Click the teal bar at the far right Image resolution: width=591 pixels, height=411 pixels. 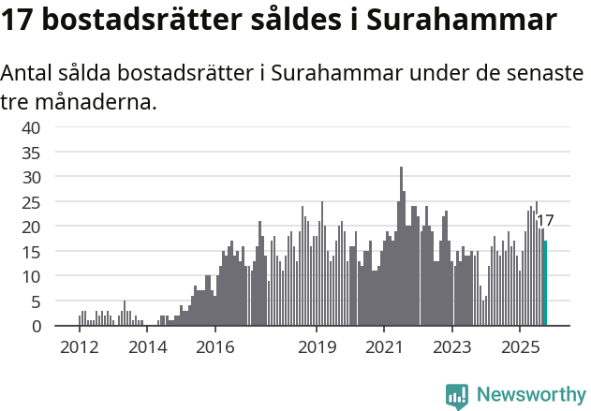[545, 284]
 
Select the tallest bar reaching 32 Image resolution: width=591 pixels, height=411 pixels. [401, 247]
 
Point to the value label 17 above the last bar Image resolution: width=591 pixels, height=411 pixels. [544, 222]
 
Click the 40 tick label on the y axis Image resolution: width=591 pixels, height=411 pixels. [31, 127]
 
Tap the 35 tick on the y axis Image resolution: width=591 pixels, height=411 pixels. [31, 153]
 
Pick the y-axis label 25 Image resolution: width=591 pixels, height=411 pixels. [31, 202]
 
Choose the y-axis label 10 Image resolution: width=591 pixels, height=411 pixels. [31, 276]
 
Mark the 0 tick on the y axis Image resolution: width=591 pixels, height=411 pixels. [36, 326]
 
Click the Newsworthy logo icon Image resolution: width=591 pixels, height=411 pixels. [457, 396]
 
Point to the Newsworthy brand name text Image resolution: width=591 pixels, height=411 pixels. [531, 395]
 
